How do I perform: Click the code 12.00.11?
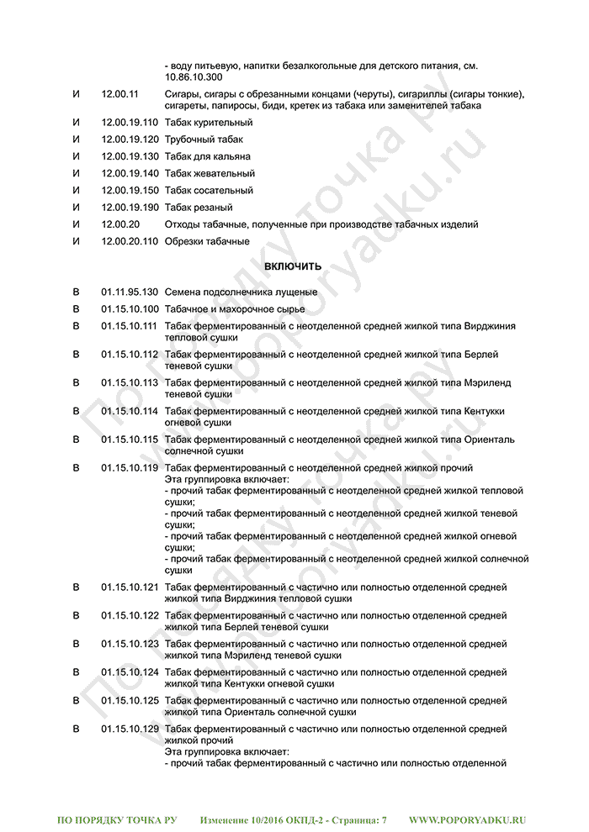(120, 94)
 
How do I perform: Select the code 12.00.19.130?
(130, 156)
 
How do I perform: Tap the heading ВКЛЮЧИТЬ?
(293, 266)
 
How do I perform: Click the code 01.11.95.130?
(130, 292)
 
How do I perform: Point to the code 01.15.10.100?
(130, 308)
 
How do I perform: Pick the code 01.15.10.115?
(130, 440)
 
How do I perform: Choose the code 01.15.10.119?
(130, 467)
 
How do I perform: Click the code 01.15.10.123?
(130, 644)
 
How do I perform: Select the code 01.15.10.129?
(130, 729)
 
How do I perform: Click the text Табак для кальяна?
(208, 156)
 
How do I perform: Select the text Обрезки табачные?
(207, 241)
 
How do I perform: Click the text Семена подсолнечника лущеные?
(241, 292)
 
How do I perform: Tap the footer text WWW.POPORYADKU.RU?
(468, 819)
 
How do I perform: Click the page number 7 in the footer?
(384, 819)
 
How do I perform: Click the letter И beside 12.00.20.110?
(77, 241)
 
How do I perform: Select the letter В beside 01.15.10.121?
(77, 587)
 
